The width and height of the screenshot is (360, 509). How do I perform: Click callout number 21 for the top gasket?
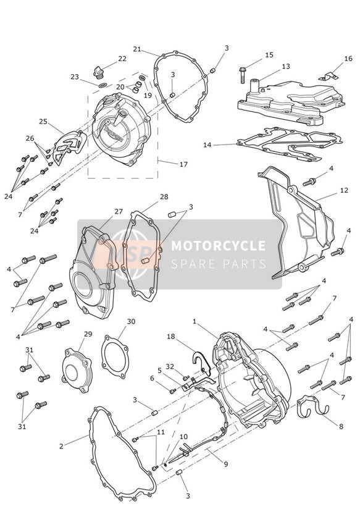coord(137,49)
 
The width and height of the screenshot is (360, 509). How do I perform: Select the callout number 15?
coord(269,55)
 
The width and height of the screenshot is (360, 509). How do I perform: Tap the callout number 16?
coord(348,59)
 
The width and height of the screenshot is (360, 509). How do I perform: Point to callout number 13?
coord(286,67)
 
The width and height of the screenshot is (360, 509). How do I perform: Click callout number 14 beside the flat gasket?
coord(207,145)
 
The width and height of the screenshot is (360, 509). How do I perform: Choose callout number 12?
coord(344,192)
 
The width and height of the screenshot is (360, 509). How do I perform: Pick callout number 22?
coord(122,59)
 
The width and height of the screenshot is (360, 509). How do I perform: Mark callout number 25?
coord(43,121)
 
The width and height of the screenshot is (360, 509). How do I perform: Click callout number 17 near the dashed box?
coord(183,165)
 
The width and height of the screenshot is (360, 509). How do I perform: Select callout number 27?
coord(119,211)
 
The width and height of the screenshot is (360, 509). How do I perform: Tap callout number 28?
coord(164,197)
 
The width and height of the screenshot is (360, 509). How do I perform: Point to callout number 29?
coord(88,334)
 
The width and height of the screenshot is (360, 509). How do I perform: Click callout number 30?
coord(131,321)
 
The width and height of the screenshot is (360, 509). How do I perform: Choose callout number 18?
coord(171,337)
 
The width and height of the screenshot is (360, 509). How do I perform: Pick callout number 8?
coord(340,426)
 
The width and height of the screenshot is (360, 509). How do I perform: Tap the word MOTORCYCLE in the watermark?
coord(218,246)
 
